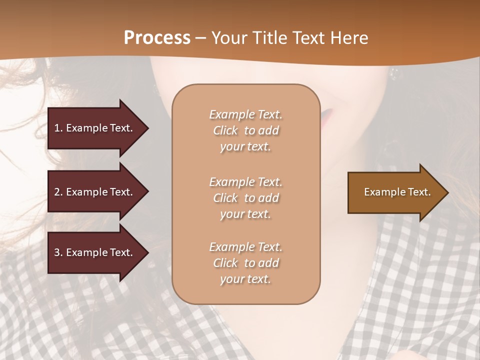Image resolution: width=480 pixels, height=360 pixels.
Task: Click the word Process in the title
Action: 157,38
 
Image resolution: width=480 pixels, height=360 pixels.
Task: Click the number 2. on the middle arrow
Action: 58,192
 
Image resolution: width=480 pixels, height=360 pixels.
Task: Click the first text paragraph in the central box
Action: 245,130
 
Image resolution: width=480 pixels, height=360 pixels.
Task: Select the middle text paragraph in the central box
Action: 245,198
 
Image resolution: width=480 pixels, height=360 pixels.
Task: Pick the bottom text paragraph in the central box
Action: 245,263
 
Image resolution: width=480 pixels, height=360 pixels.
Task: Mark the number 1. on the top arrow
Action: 58,128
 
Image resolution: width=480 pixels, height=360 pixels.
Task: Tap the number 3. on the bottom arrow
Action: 58,252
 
